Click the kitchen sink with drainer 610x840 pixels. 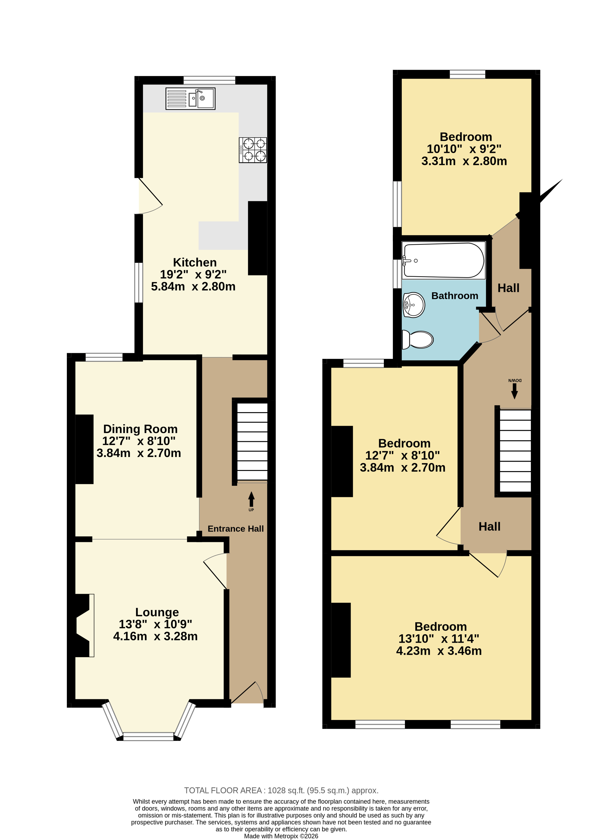click(x=190, y=98)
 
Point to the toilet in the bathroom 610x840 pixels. click(x=418, y=339)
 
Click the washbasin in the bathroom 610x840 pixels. click(x=414, y=305)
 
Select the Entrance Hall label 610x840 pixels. click(x=236, y=529)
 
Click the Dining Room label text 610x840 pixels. click(x=140, y=429)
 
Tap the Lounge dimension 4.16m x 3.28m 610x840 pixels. click(x=155, y=636)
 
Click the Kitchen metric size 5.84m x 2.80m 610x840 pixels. click(x=193, y=286)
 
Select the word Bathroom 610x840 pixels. click(x=455, y=295)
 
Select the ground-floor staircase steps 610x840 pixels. click(x=252, y=442)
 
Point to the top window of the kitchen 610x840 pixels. click(x=209, y=80)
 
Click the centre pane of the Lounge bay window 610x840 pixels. click(x=148, y=737)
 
